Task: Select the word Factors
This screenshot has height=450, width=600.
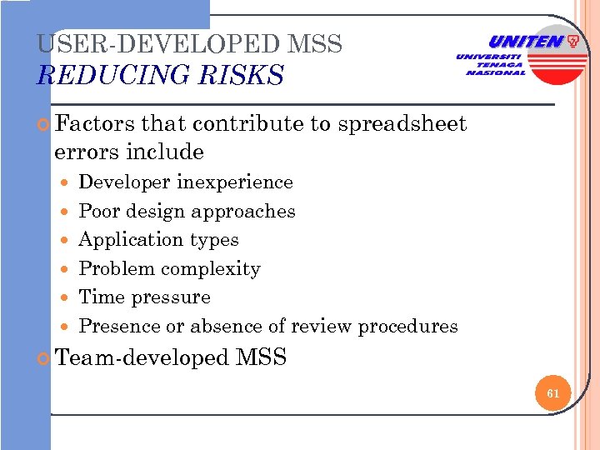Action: click(94, 124)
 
